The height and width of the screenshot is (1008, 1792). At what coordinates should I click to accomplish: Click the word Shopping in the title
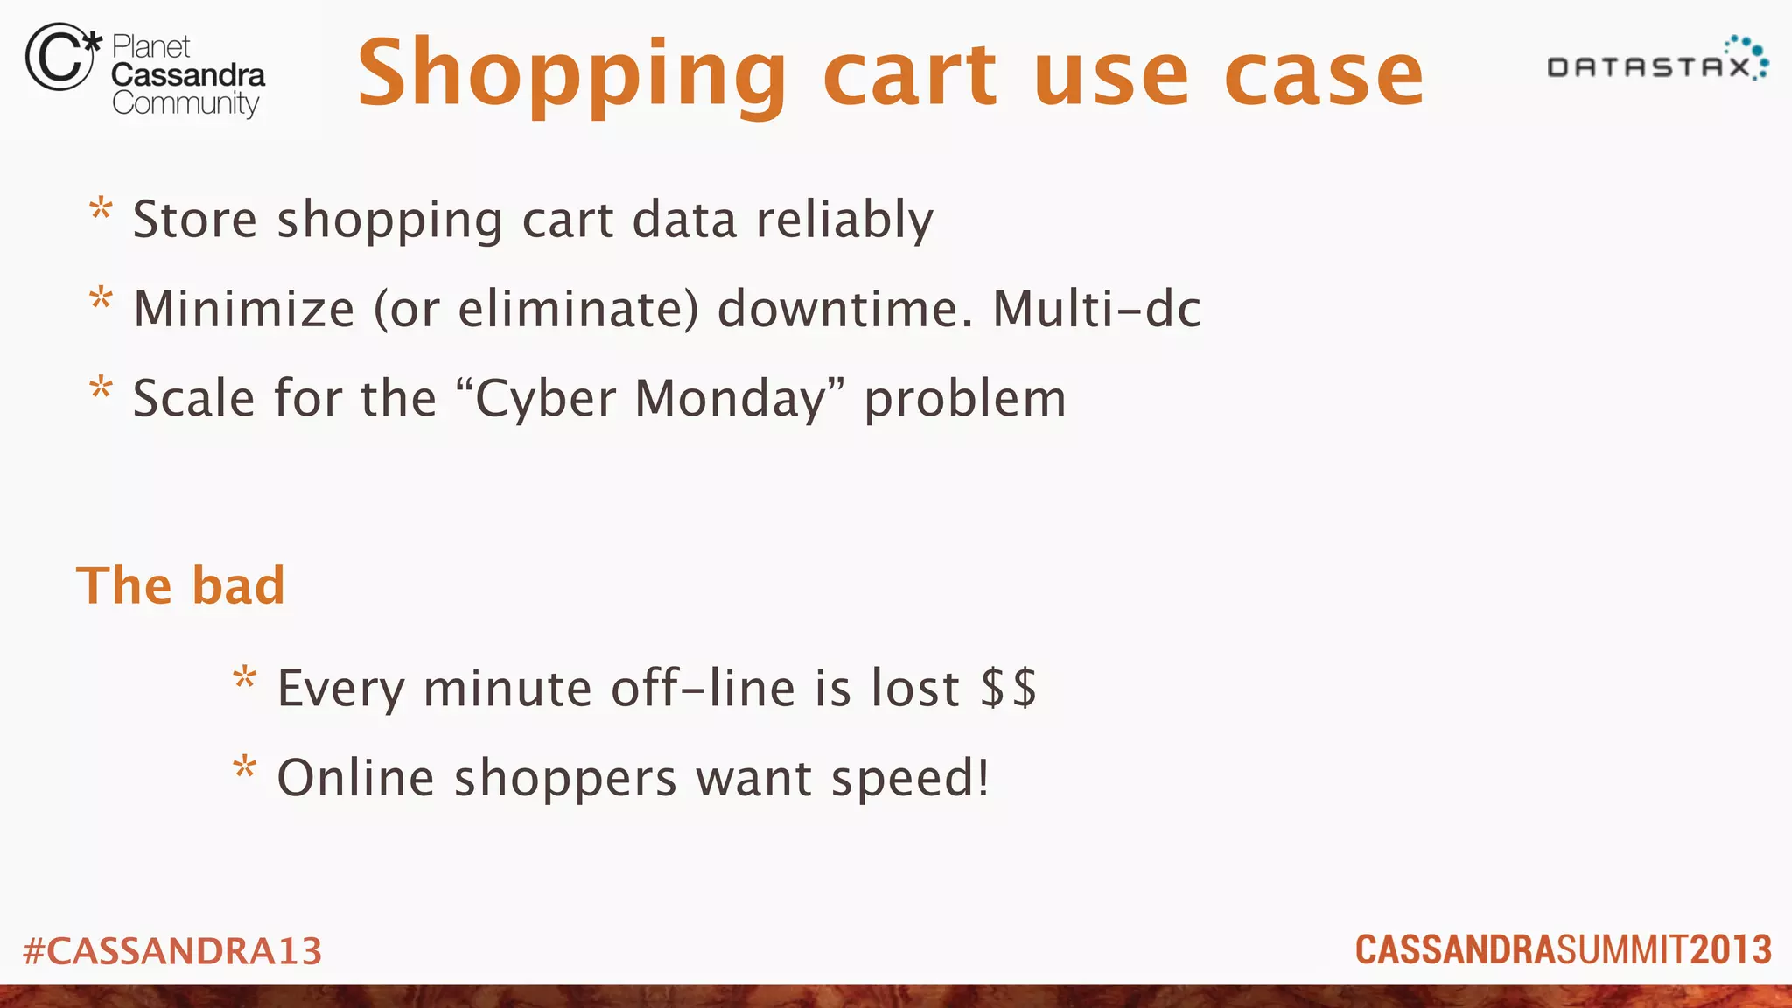coord(573,75)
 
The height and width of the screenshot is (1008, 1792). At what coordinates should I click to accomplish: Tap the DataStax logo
coord(1657,61)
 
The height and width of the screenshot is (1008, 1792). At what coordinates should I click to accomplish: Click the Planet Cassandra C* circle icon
coord(59,58)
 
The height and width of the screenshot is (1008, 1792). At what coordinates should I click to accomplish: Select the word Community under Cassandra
coord(185,104)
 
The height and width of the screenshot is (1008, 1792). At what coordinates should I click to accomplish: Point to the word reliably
coord(844,220)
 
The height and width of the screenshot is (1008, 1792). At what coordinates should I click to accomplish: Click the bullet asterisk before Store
coord(101,210)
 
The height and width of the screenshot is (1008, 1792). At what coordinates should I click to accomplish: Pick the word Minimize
coord(244,309)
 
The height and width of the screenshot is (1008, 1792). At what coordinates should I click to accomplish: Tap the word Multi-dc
coord(1096,309)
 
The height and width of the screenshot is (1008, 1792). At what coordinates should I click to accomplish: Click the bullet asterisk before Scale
coord(101,388)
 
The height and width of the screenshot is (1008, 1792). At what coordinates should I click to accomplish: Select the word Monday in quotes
coord(730,399)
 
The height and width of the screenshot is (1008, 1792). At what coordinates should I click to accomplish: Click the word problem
coord(965,401)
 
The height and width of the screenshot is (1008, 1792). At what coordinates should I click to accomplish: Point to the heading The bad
coord(181,585)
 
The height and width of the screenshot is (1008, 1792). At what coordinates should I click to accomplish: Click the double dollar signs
coord(1009,688)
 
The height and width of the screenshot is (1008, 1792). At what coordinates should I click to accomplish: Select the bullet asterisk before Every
coord(245,678)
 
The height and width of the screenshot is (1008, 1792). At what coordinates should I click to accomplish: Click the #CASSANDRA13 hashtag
coord(172,951)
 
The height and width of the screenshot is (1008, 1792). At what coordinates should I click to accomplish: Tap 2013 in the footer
coord(1731,950)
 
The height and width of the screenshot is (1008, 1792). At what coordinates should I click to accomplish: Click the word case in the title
coord(1324,75)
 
